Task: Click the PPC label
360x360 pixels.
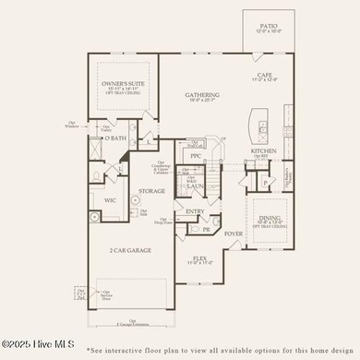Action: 196,156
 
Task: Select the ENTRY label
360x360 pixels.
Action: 196,210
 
